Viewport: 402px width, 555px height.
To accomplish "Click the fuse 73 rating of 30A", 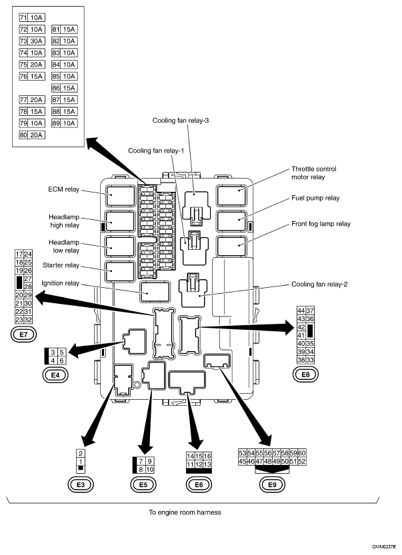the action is pos(36,41).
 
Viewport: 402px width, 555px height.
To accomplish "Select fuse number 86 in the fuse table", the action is pos(56,88).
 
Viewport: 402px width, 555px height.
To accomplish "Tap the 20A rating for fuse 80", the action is pos(36,135).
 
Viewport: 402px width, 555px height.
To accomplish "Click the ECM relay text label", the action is pos(64,189).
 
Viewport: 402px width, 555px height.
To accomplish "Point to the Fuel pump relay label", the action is pos(315,199).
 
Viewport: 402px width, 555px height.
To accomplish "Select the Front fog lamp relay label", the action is pos(321,224).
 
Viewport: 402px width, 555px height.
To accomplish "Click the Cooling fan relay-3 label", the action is pos(181,121).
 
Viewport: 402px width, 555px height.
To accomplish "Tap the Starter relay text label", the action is pos(61,265).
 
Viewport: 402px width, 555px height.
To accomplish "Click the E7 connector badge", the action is pos(24,334).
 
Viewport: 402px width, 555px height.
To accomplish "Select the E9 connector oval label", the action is pos(272,484).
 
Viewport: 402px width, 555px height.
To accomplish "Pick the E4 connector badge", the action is pos(55,375).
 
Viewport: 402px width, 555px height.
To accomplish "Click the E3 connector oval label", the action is pos(81,484).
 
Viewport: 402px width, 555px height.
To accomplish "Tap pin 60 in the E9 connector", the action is pos(302,453).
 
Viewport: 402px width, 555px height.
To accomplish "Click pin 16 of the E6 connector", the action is pos(207,456).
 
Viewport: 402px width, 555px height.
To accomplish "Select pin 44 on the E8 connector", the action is pos(301,310).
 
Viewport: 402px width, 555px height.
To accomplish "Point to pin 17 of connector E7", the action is pos(19,254).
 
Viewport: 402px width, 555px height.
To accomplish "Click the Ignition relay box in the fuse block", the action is pos(155,292).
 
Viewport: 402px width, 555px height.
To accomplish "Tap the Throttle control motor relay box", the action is pos(231,195).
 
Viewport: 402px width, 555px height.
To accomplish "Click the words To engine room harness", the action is pos(185,512).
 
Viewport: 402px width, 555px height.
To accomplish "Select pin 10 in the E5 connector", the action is pos(150,469).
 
